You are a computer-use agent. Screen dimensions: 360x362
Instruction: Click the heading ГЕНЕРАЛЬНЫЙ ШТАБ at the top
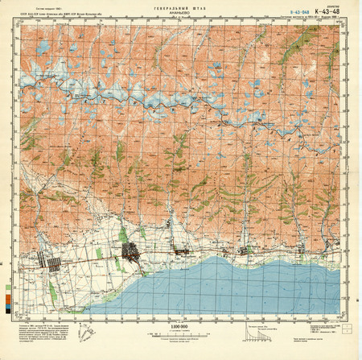(x=179, y=7)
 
